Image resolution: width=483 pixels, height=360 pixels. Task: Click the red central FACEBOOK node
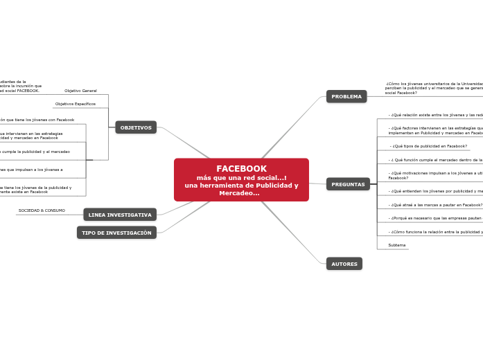(x=241, y=180)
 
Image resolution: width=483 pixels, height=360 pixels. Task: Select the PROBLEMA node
(x=346, y=96)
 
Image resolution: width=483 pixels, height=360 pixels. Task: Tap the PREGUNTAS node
(x=348, y=184)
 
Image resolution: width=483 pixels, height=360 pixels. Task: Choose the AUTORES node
(x=344, y=264)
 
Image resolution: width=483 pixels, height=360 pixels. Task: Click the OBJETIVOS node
(x=136, y=127)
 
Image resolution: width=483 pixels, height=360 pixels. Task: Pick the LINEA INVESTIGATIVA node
(x=120, y=215)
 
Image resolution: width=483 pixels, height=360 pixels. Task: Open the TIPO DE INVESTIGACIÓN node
(x=116, y=233)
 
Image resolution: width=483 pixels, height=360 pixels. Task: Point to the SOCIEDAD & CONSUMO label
(x=42, y=210)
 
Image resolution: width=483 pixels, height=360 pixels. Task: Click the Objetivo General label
(x=80, y=91)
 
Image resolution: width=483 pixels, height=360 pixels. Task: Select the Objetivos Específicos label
(x=76, y=104)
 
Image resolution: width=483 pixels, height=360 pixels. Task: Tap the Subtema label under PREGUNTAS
(x=397, y=245)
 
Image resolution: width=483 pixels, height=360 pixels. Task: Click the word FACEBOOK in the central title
(x=241, y=169)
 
